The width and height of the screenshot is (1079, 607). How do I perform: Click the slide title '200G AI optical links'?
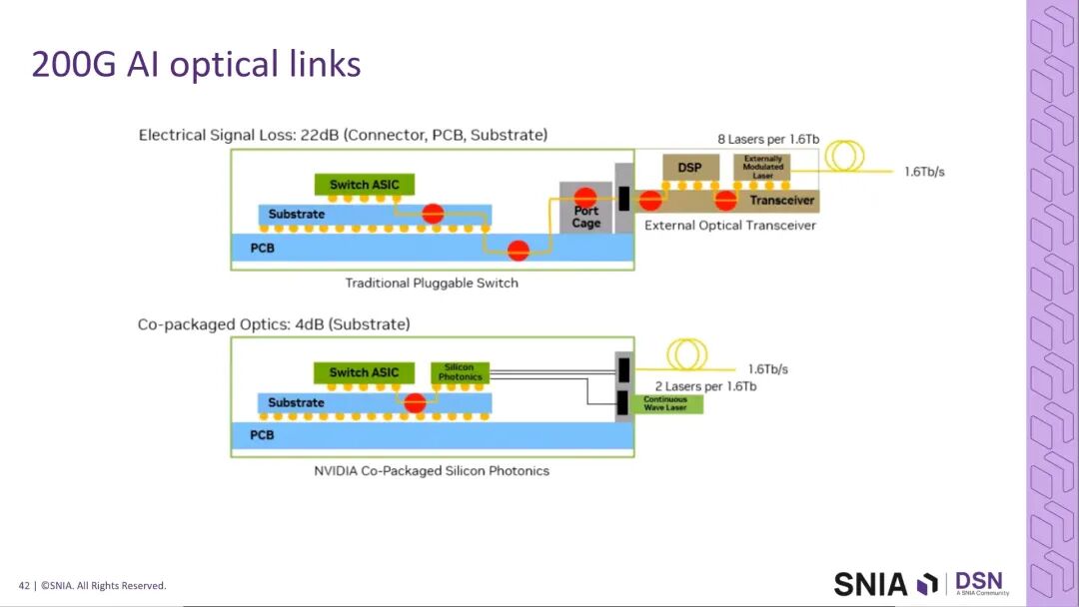click(x=196, y=64)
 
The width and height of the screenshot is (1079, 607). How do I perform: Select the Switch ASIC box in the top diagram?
click(x=364, y=185)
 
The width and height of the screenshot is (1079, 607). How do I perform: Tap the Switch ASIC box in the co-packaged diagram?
click(x=364, y=372)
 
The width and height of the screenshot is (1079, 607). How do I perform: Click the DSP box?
click(x=689, y=167)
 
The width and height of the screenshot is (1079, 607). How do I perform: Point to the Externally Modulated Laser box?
click(x=762, y=167)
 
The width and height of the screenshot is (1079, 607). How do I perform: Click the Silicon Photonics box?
click(x=460, y=372)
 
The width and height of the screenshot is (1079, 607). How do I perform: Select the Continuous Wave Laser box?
click(x=664, y=403)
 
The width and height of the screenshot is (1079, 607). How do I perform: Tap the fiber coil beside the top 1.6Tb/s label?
click(x=844, y=156)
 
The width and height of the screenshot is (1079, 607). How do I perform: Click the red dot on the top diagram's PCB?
click(x=518, y=250)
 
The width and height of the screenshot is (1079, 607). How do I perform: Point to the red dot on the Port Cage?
click(x=586, y=197)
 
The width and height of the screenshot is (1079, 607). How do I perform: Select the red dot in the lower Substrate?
click(x=415, y=403)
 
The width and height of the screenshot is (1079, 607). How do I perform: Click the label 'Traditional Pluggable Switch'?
click(x=432, y=284)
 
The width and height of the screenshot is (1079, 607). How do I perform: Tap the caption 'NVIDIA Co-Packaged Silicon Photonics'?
click(x=432, y=471)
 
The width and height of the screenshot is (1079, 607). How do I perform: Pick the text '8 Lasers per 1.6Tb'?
click(x=767, y=139)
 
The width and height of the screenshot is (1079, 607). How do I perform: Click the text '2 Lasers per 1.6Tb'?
click(x=705, y=386)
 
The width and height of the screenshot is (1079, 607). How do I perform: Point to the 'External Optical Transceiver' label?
click(x=729, y=226)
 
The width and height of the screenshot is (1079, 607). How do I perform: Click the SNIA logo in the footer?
click(x=884, y=583)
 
